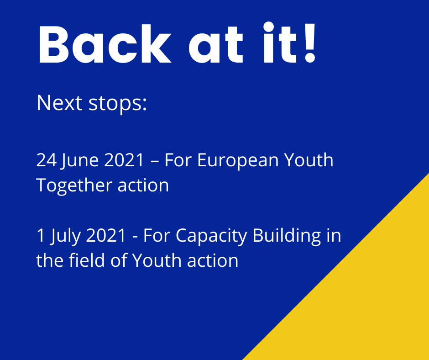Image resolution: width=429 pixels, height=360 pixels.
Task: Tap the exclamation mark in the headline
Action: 310,42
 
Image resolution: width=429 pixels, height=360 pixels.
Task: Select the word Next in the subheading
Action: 59,103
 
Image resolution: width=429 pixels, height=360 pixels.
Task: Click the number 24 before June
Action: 47,160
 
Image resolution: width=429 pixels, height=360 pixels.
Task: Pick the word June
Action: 79,161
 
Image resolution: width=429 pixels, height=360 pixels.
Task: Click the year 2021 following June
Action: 124,160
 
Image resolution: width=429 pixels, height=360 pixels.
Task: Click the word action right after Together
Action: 143,185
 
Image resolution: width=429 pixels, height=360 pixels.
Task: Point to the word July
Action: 66,236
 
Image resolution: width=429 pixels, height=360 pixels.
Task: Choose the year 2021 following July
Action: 106,235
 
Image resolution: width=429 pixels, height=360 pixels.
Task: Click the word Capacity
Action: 211,236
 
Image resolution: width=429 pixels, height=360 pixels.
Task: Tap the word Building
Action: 287,236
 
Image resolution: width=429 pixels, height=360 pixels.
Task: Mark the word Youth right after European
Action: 309,160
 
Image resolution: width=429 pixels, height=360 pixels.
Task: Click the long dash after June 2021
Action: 154,161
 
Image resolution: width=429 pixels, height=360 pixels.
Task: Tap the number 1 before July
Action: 41,235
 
